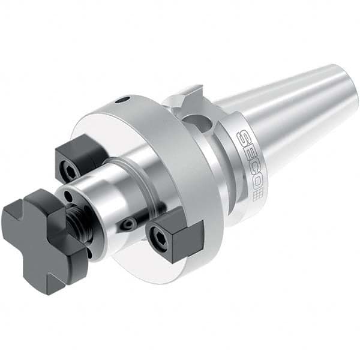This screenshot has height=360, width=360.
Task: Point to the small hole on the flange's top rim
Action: (123, 100)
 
